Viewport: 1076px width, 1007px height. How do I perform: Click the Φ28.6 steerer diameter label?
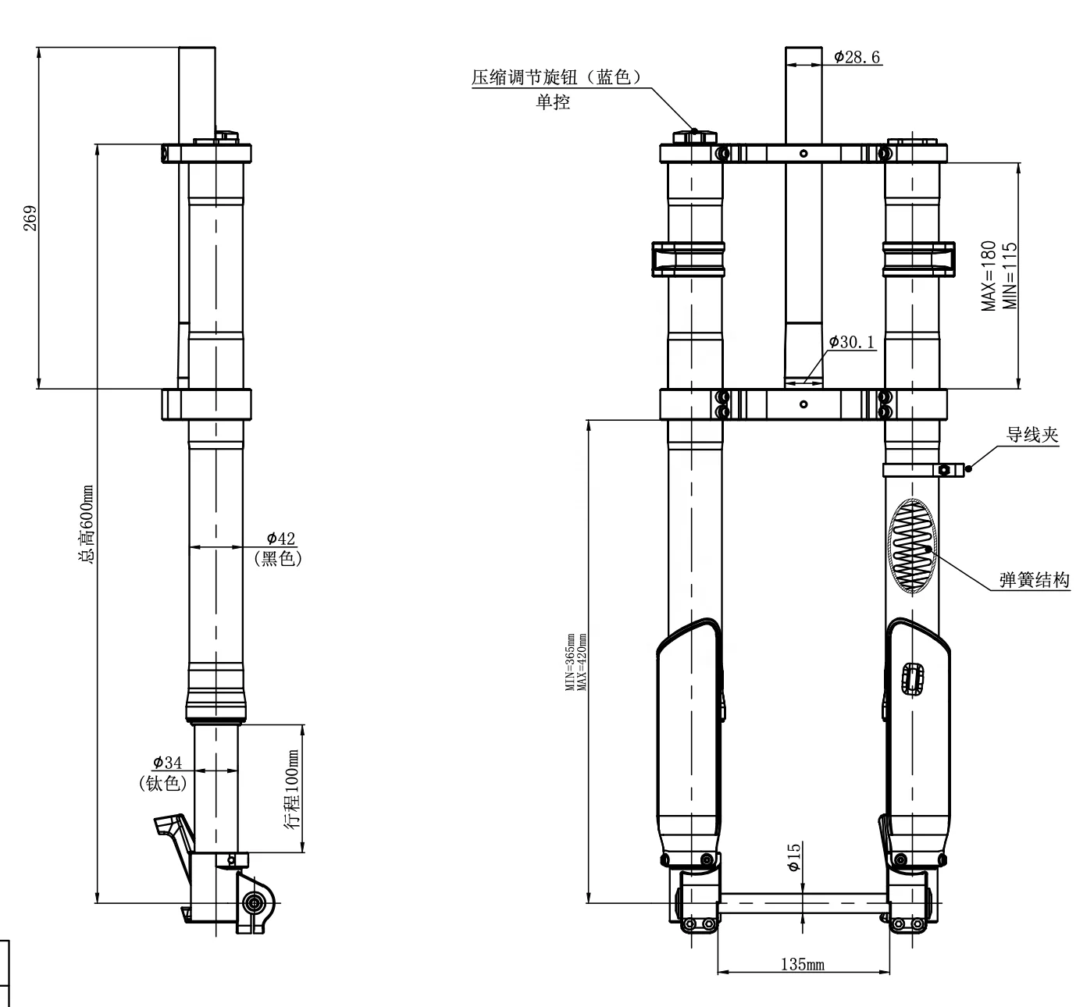click(x=857, y=57)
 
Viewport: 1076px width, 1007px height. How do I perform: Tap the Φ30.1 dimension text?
click(x=852, y=342)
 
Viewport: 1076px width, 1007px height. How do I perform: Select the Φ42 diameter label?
click(x=280, y=538)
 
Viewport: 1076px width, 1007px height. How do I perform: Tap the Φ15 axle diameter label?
click(x=794, y=856)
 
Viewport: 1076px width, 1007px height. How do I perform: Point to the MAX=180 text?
click(x=990, y=276)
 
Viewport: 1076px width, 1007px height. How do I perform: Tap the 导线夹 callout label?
click(x=1031, y=435)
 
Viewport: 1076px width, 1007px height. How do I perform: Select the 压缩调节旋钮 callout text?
click(x=555, y=77)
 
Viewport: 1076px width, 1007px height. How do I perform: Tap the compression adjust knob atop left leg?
click(x=693, y=137)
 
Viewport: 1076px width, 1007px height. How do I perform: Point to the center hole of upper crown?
click(x=803, y=154)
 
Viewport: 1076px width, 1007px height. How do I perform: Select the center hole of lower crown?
click(x=803, y=404)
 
